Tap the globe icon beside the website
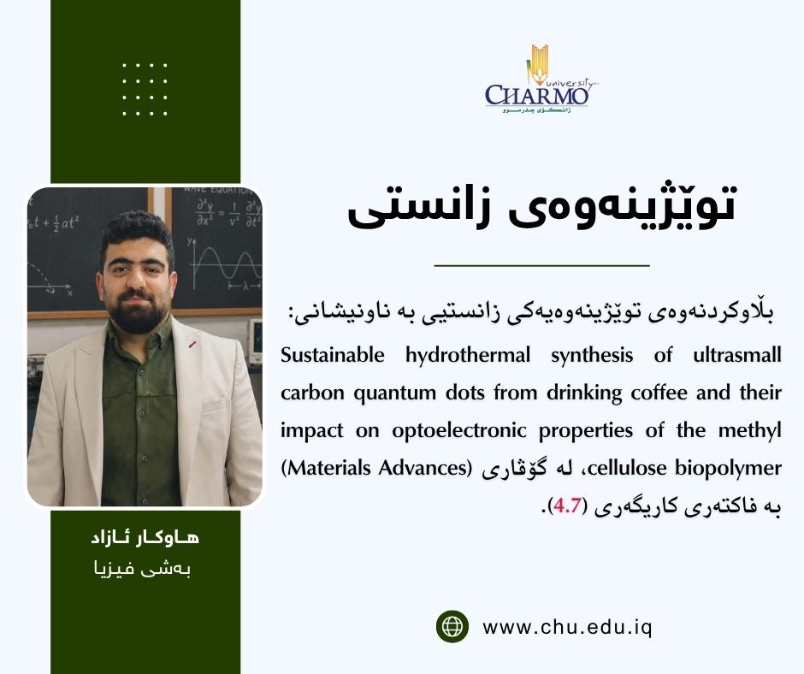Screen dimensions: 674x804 tap(452, 626)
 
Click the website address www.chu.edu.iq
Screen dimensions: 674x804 tap(567, 627)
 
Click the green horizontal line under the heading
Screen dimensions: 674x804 tap(541, 266)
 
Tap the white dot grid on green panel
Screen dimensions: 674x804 tap(145, 89)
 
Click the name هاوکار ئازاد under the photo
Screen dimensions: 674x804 tap(145, 539)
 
